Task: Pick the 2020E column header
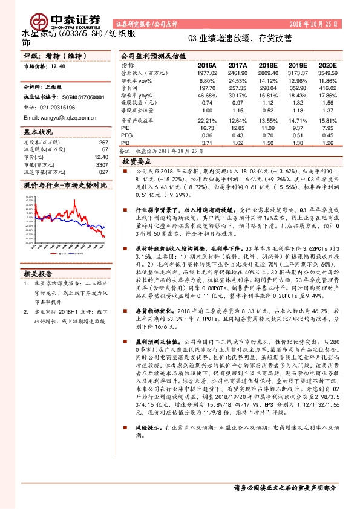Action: [326, 64]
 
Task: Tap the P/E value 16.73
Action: [207, 128]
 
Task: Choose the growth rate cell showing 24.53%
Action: [237, 80]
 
